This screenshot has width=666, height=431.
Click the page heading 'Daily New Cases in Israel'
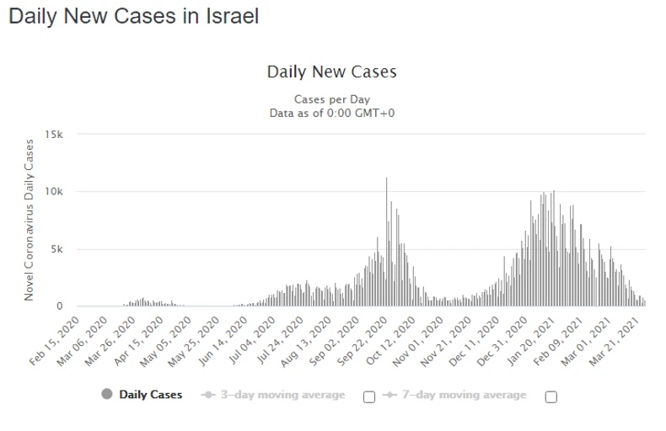pos(134,16)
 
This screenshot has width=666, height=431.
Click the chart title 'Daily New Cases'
pos(331,72)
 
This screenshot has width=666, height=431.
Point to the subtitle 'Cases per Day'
pos(331,99)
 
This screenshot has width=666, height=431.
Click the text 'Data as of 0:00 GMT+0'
pos(331,112)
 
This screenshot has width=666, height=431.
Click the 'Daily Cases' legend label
pos(150,395)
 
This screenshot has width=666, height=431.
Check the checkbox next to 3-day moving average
pos(368,397)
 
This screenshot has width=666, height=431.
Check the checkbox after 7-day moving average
pos(551,397)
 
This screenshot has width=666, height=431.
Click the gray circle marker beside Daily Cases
pos(107,395)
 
